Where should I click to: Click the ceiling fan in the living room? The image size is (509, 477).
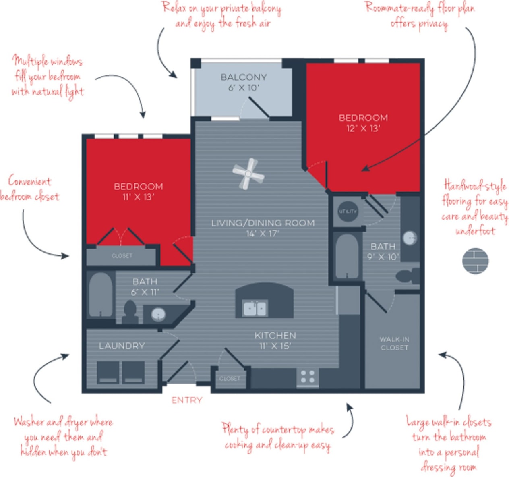(248, 174)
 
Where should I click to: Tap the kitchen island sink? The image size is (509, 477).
(255, 309)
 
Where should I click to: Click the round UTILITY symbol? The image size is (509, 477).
(348, 211)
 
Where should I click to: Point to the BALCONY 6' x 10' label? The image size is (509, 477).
(244, 82)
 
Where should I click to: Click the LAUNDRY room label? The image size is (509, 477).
(122, 346)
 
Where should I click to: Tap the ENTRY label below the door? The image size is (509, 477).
(186, 400)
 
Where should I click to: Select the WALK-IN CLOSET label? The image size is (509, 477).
(394, 343)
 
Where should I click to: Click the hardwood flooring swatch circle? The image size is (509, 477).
(475, 261)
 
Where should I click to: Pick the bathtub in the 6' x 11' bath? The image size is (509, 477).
(100, 295)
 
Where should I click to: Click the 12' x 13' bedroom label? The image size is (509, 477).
(363, 123)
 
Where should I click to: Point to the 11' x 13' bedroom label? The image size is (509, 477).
(138, 191)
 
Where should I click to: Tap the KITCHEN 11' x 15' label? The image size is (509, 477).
(275, 340)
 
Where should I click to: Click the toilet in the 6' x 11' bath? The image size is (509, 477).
(130, 311)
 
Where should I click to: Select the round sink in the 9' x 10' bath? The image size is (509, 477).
(410, 238)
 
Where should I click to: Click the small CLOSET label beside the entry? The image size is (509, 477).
(230, 379)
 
